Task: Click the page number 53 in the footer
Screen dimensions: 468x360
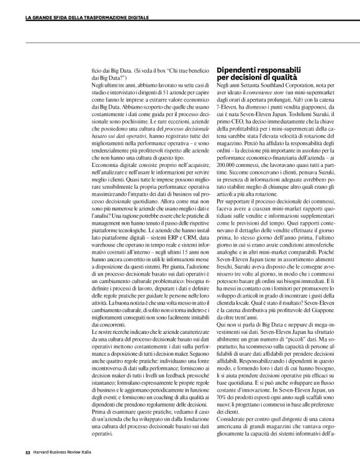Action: point(28,460)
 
